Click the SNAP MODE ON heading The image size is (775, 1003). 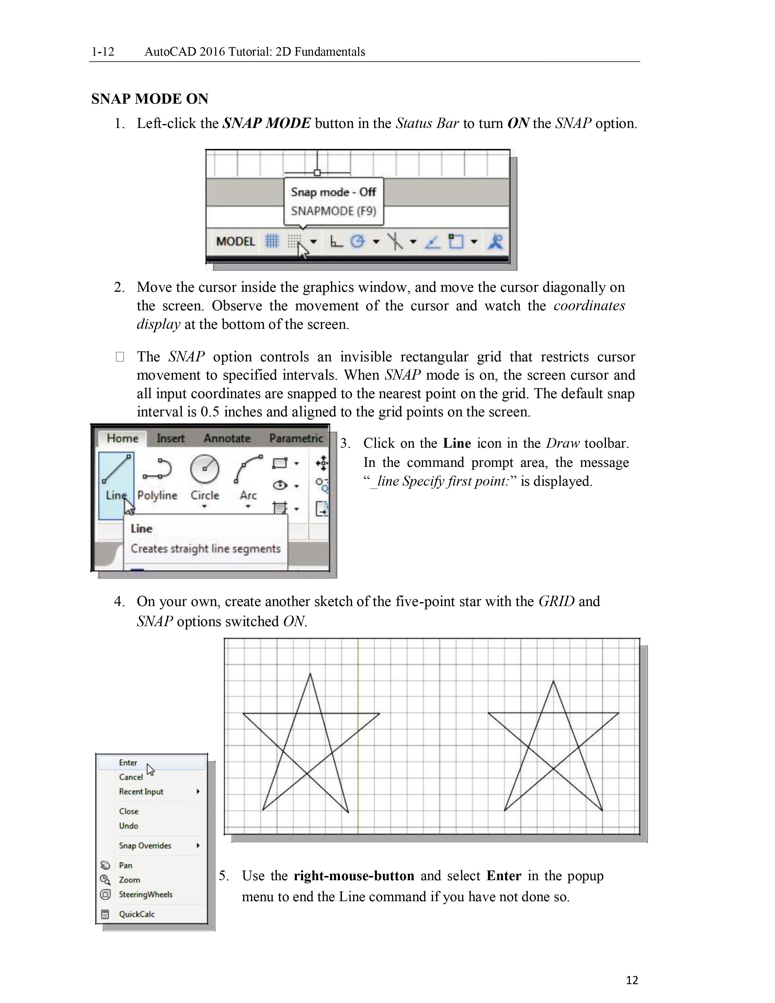(x=150, y=99)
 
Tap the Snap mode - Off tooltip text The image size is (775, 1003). (x=333, y=192)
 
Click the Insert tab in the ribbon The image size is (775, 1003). (x=170, y=439)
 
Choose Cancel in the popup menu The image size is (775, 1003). (x=131, y=777)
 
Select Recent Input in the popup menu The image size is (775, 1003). (x=141, y=792)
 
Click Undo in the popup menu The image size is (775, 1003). (x=129, y=826)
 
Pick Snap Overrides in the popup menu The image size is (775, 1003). (x=145, y=846)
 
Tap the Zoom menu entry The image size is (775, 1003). (x=129, y=880)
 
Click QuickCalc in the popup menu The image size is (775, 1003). (x=137, y=914)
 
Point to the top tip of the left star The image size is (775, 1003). (x=310, y=674)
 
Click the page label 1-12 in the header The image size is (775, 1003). (x=103, y=51)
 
